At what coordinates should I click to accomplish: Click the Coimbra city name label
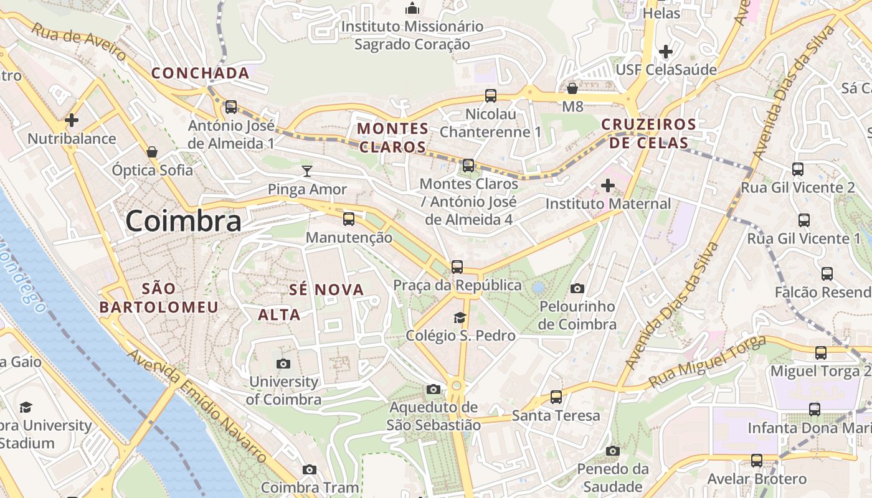[x=183, y=222]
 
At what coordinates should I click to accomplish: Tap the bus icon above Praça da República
[x=457, y=267]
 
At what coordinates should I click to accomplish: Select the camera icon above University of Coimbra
[x=283, y=364]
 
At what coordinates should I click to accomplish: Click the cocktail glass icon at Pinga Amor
[x=306, y=171]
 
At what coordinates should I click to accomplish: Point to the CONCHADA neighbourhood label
[x=200, y=73]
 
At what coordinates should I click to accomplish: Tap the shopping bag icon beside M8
[x=572, y=88]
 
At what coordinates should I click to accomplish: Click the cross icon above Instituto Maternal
[x=607, y=186]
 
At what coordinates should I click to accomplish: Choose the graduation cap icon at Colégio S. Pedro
[x=460, y=318]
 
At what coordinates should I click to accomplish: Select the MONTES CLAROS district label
[x=393, y=138]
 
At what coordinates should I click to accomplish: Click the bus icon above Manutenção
[x=349, y=219]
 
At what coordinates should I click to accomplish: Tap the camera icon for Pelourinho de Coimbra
[x=577, y=288]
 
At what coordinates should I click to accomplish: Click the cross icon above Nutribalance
[x=72, y=120]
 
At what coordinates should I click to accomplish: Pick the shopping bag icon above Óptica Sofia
[x=152, y=152]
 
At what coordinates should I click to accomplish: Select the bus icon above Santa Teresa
[x=556, y=397]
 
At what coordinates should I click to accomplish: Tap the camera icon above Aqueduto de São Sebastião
[x=434, y=390]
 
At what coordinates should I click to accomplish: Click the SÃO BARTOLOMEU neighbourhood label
[x=159, y=298]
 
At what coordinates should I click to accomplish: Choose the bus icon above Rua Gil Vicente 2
[x=798, y=169]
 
